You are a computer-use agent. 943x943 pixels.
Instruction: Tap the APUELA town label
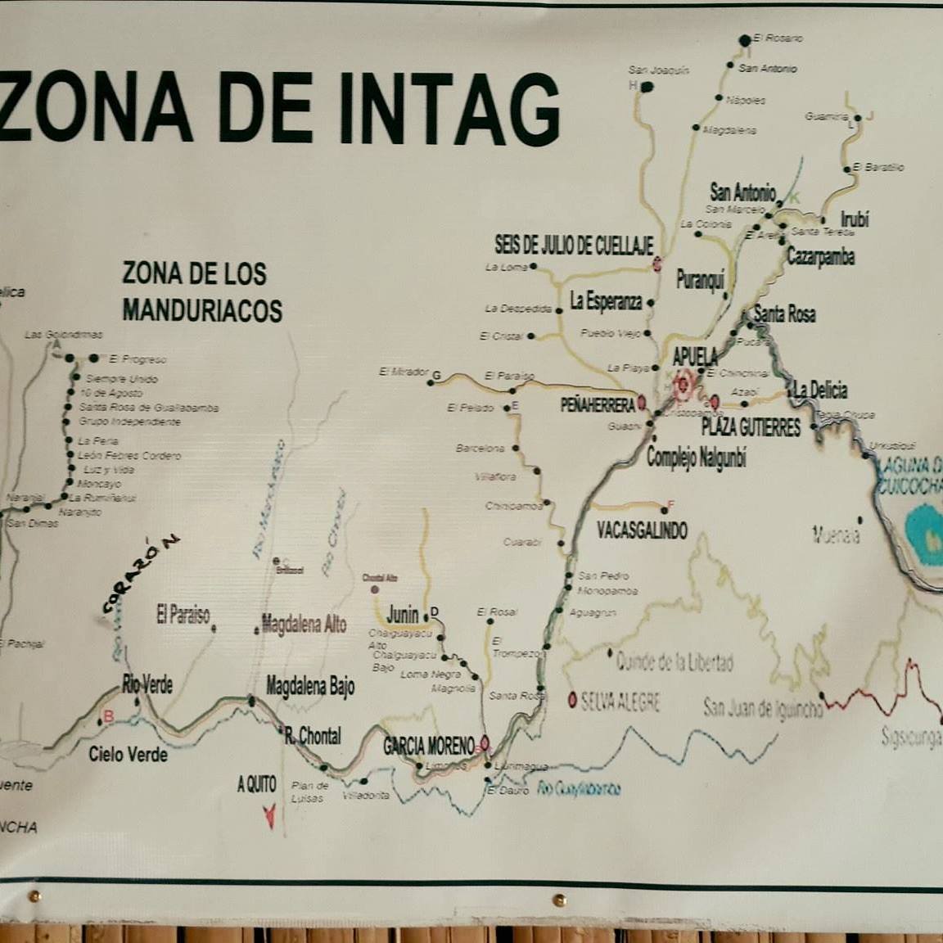coord(695,357)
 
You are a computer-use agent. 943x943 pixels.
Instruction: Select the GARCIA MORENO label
coord(428,746)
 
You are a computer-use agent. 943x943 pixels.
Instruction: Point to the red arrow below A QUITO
coord(267,816)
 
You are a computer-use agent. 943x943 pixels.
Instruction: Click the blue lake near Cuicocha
coord(925,536)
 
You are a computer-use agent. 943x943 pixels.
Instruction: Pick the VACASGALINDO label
coord(642,530)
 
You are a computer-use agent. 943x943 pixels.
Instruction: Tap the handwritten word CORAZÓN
coord(140,574)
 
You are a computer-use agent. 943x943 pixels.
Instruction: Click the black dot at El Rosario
coord(744,39)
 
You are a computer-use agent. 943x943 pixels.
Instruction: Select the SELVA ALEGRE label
coord(620,701)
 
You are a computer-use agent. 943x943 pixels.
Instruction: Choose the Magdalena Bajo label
coord(310,687)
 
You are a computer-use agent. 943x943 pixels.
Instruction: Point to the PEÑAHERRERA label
coord(598,404)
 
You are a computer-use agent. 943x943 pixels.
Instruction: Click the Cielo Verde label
coord(129,754)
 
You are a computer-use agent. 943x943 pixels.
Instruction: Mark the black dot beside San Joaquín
coord(647,86)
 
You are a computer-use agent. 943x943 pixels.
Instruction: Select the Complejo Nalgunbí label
coord(697,458)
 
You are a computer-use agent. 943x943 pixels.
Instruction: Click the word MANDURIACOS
coord(202,310)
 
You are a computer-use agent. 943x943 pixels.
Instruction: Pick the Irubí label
coord(855,219)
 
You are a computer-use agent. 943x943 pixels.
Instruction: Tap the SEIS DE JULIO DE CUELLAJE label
coord(574,244)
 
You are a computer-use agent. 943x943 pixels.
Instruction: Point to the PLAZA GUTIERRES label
coord(751,427)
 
